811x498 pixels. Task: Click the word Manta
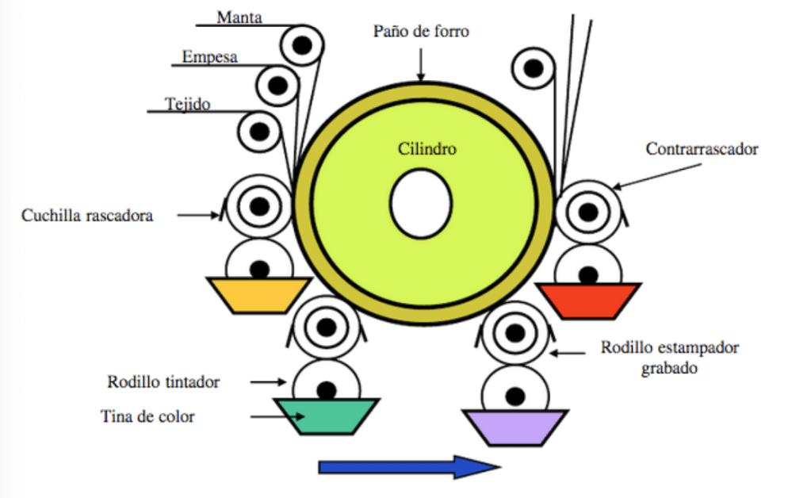point(239,15)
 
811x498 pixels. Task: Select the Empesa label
point(209,57)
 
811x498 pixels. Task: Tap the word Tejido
point(188,103)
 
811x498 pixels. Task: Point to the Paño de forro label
point(421,32)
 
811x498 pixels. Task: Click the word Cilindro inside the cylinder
point(427,148)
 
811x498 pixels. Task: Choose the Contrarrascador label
point(702,148)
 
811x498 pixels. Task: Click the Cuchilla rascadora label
point(87,214)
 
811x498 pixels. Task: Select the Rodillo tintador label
point(163,381)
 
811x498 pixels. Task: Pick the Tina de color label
point(147,416)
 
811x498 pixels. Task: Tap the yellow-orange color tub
point(258,294)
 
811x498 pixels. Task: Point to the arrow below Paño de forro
point(421,64)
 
